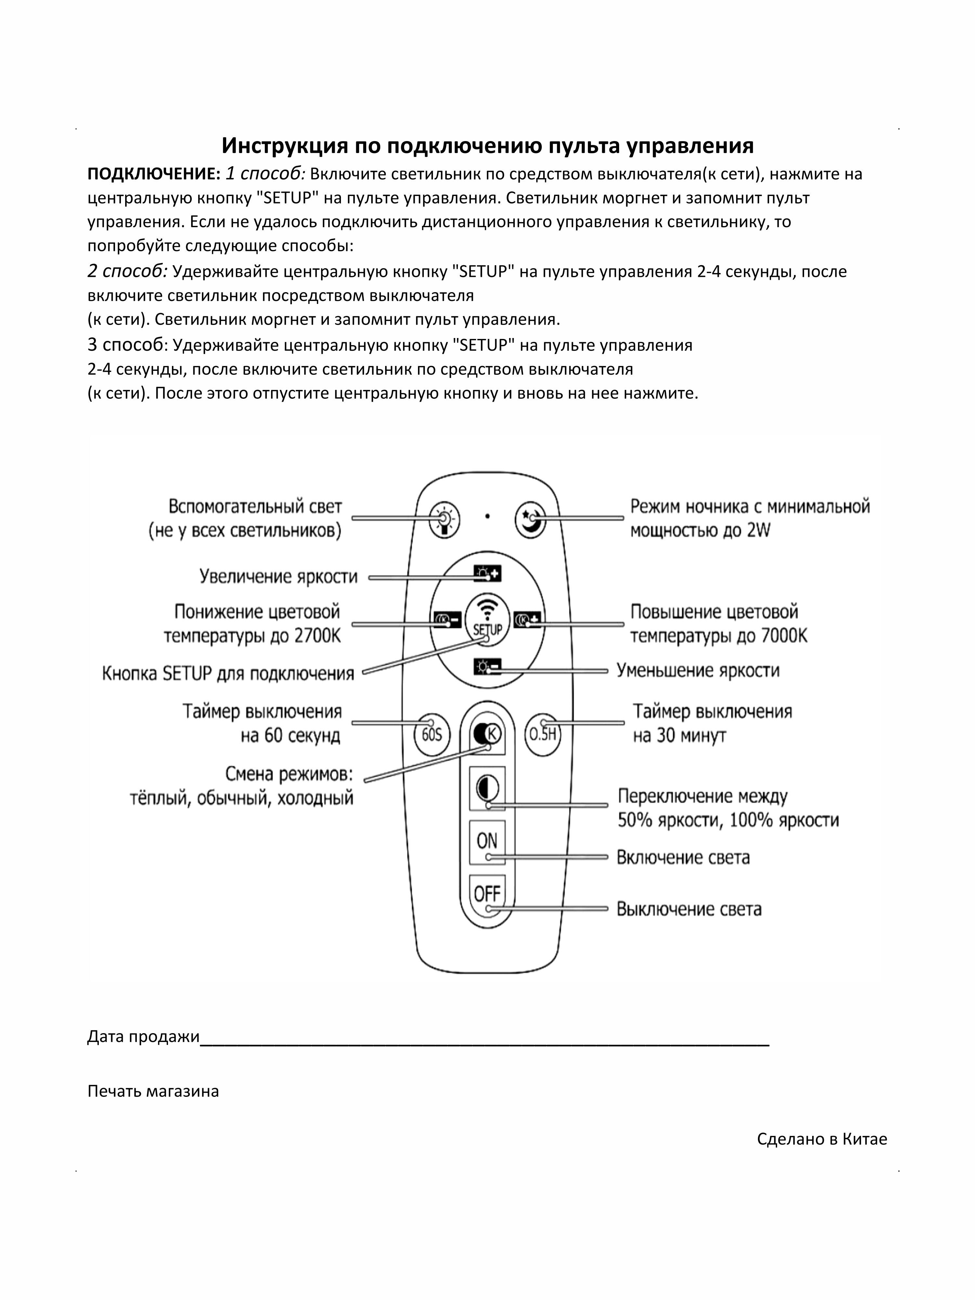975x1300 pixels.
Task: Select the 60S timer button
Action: (x=432, y=734)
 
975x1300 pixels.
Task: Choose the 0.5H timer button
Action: (x=542, y=734)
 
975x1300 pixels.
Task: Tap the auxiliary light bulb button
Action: (x=444, y=519)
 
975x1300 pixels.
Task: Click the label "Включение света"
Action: (x=683, y=857)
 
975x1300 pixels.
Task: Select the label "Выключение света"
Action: (x=689, y=909)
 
